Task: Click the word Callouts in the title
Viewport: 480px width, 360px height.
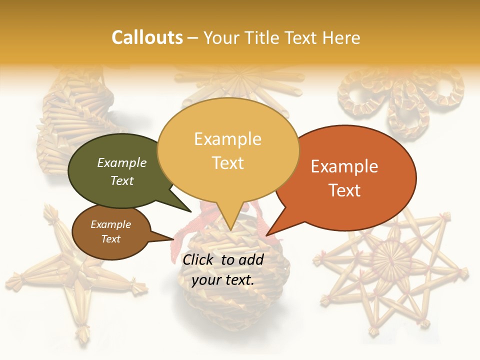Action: tap(147, 37)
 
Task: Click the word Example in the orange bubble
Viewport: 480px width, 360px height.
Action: tap(344, 166)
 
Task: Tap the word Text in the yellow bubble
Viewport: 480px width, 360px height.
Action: tap(228, 163)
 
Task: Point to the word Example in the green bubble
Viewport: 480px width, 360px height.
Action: tap(122, 163)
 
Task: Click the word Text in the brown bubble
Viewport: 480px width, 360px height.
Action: tap(111, 239)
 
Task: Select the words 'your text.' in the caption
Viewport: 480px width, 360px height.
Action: tap(223, 280)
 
